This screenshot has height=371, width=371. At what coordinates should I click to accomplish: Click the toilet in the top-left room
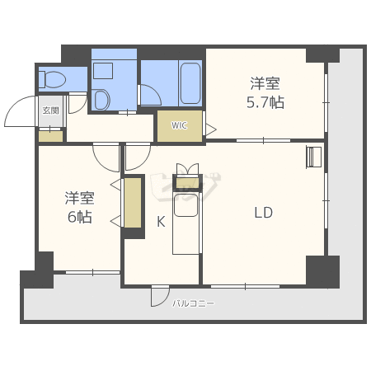coord(52,79)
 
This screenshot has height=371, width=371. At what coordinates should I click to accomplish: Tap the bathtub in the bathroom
coord(190,83)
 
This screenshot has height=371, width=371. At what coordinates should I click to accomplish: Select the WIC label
coord(180,125)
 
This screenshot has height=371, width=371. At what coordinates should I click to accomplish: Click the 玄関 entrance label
coord(50,110)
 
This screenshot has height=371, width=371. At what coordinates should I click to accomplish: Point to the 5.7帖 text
coord(265,103)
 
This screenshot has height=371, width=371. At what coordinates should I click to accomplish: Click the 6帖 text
coord(80,217)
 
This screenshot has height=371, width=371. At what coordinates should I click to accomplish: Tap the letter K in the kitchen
coord(161,222)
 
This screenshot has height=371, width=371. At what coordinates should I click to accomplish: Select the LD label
coord(263,213)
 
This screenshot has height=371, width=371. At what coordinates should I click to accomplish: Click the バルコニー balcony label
coord(193,303)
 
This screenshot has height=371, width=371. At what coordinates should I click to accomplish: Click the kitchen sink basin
coord(186,205)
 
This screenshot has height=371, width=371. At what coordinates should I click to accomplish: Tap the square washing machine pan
coord(103,71)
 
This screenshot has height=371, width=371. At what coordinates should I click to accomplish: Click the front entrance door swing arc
coord(19,111)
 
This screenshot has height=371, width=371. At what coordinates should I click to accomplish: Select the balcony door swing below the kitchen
coord(160,296)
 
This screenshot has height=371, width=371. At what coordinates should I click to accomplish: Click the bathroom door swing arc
coord(151,95)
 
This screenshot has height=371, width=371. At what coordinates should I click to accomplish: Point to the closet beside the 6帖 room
coord(133,203)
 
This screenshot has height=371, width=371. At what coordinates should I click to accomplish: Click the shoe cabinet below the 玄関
coord(50,136)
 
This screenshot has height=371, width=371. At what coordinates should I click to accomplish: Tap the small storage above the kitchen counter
coord(187,182)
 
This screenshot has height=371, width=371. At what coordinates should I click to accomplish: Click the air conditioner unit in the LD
coord(313,157)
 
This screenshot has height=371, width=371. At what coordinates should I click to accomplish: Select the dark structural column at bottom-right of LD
coord(322,271)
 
